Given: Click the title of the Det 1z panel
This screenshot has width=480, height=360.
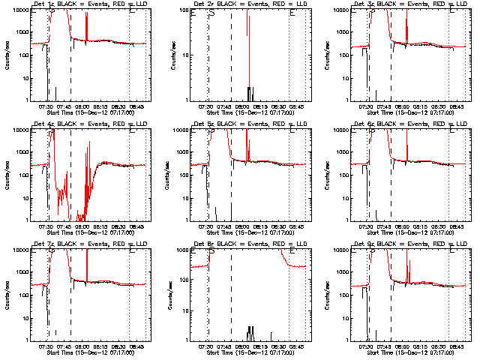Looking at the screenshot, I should [89, 4].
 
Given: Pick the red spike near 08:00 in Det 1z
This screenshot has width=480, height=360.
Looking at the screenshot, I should [87, 28].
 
